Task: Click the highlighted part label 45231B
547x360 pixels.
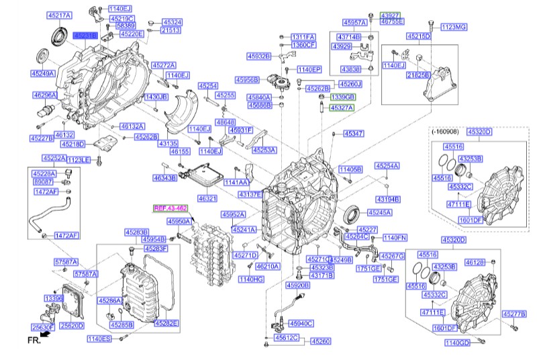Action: point(85,34)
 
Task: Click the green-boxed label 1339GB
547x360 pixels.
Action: point(342,97)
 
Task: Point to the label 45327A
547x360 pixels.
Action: point(342,107)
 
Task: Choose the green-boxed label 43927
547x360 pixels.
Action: point(391,14)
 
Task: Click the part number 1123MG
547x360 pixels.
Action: point(454,28)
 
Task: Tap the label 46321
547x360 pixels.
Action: point(207,198)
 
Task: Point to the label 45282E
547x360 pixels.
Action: point(166,323)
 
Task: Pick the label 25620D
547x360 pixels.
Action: point(72,326)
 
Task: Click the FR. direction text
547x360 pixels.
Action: point(34,341)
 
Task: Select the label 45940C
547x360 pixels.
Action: point(300,323)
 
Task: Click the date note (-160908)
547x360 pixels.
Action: point(444,132)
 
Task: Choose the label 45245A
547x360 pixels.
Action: point(379,212)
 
